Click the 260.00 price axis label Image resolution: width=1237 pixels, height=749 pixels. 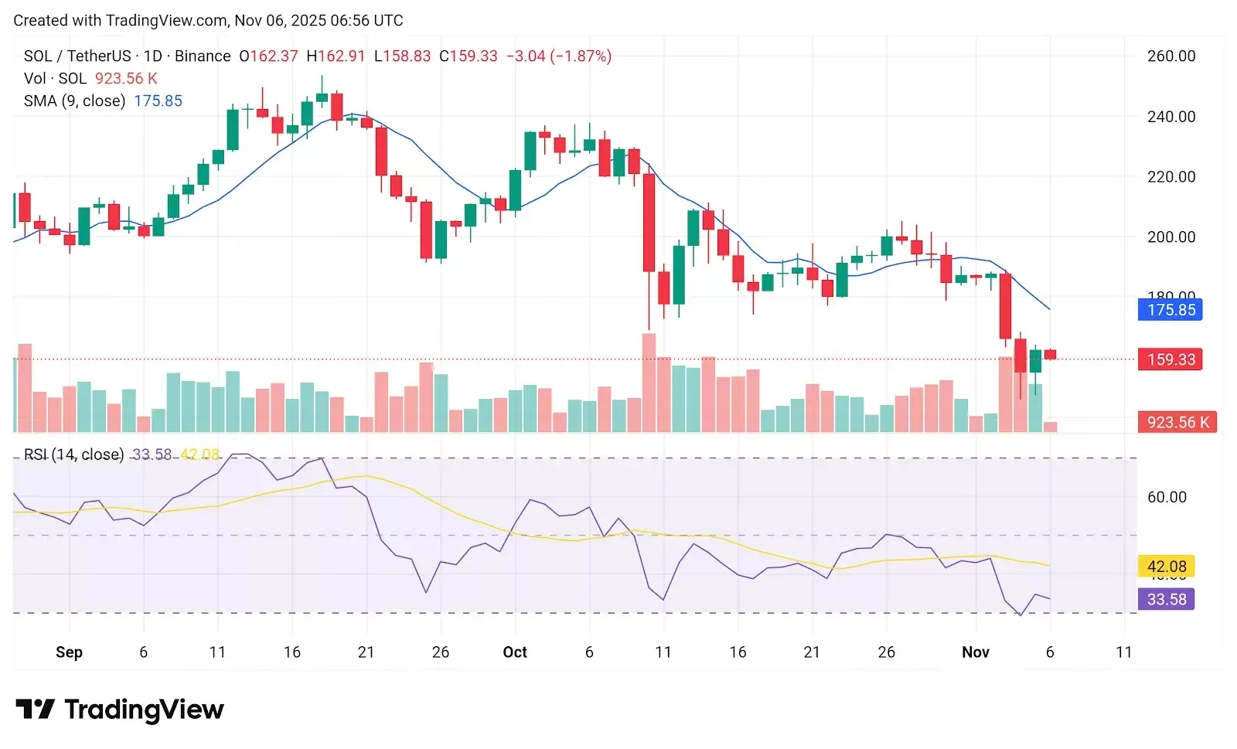click(1171, 56)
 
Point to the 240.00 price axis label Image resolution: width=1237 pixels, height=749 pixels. click(1171, 117)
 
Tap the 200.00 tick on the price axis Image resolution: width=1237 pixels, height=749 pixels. click(1171, 237)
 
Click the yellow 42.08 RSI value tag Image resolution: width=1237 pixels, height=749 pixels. click(1166, 567)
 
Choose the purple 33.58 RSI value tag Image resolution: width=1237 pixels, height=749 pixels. click(1166, 599)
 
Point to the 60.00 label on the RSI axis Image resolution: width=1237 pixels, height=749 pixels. click(1167, 497)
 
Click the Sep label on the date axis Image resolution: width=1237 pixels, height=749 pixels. click(69, 652)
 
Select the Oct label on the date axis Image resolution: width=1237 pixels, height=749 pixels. click(515, 652)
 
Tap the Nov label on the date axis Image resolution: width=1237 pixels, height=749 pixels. click(975, 652)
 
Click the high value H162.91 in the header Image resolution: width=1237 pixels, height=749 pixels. click(336, 56)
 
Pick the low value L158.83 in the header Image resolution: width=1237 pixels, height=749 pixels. click(402, 56)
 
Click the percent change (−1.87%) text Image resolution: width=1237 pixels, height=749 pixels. click(581, 56)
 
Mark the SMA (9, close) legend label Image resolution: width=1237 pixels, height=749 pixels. click(74, 101)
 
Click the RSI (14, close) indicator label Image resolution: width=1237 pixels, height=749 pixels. click(73, 455)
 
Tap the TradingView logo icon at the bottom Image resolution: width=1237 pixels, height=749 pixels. click(35, 709)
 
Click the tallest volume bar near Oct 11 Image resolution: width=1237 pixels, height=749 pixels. click(649, 383)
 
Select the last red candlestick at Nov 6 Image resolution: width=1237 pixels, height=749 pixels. click(1051, 355)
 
